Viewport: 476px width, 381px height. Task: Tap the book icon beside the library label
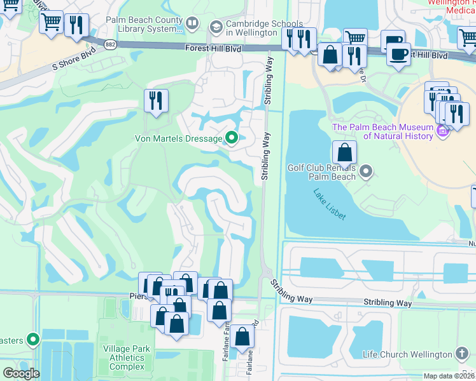pos(192,25)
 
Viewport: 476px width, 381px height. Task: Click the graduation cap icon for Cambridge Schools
pos(214,25)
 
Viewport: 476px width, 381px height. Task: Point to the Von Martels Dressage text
pos(178,138)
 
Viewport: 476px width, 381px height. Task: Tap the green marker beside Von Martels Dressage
pos(232,138)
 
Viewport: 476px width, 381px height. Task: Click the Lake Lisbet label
pos(330,204)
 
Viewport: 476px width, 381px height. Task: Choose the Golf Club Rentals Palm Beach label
pos(321,171)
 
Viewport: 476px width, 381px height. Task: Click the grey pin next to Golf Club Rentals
pos(366,171)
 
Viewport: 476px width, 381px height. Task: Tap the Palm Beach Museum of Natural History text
pos(382,131)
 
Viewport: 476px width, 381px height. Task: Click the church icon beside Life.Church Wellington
pos(463,354)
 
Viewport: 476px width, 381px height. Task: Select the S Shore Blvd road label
pos(75,58)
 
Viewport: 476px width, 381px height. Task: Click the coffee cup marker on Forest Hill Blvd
pos(398,55)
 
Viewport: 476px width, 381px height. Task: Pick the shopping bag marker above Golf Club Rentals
pos(344,153)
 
